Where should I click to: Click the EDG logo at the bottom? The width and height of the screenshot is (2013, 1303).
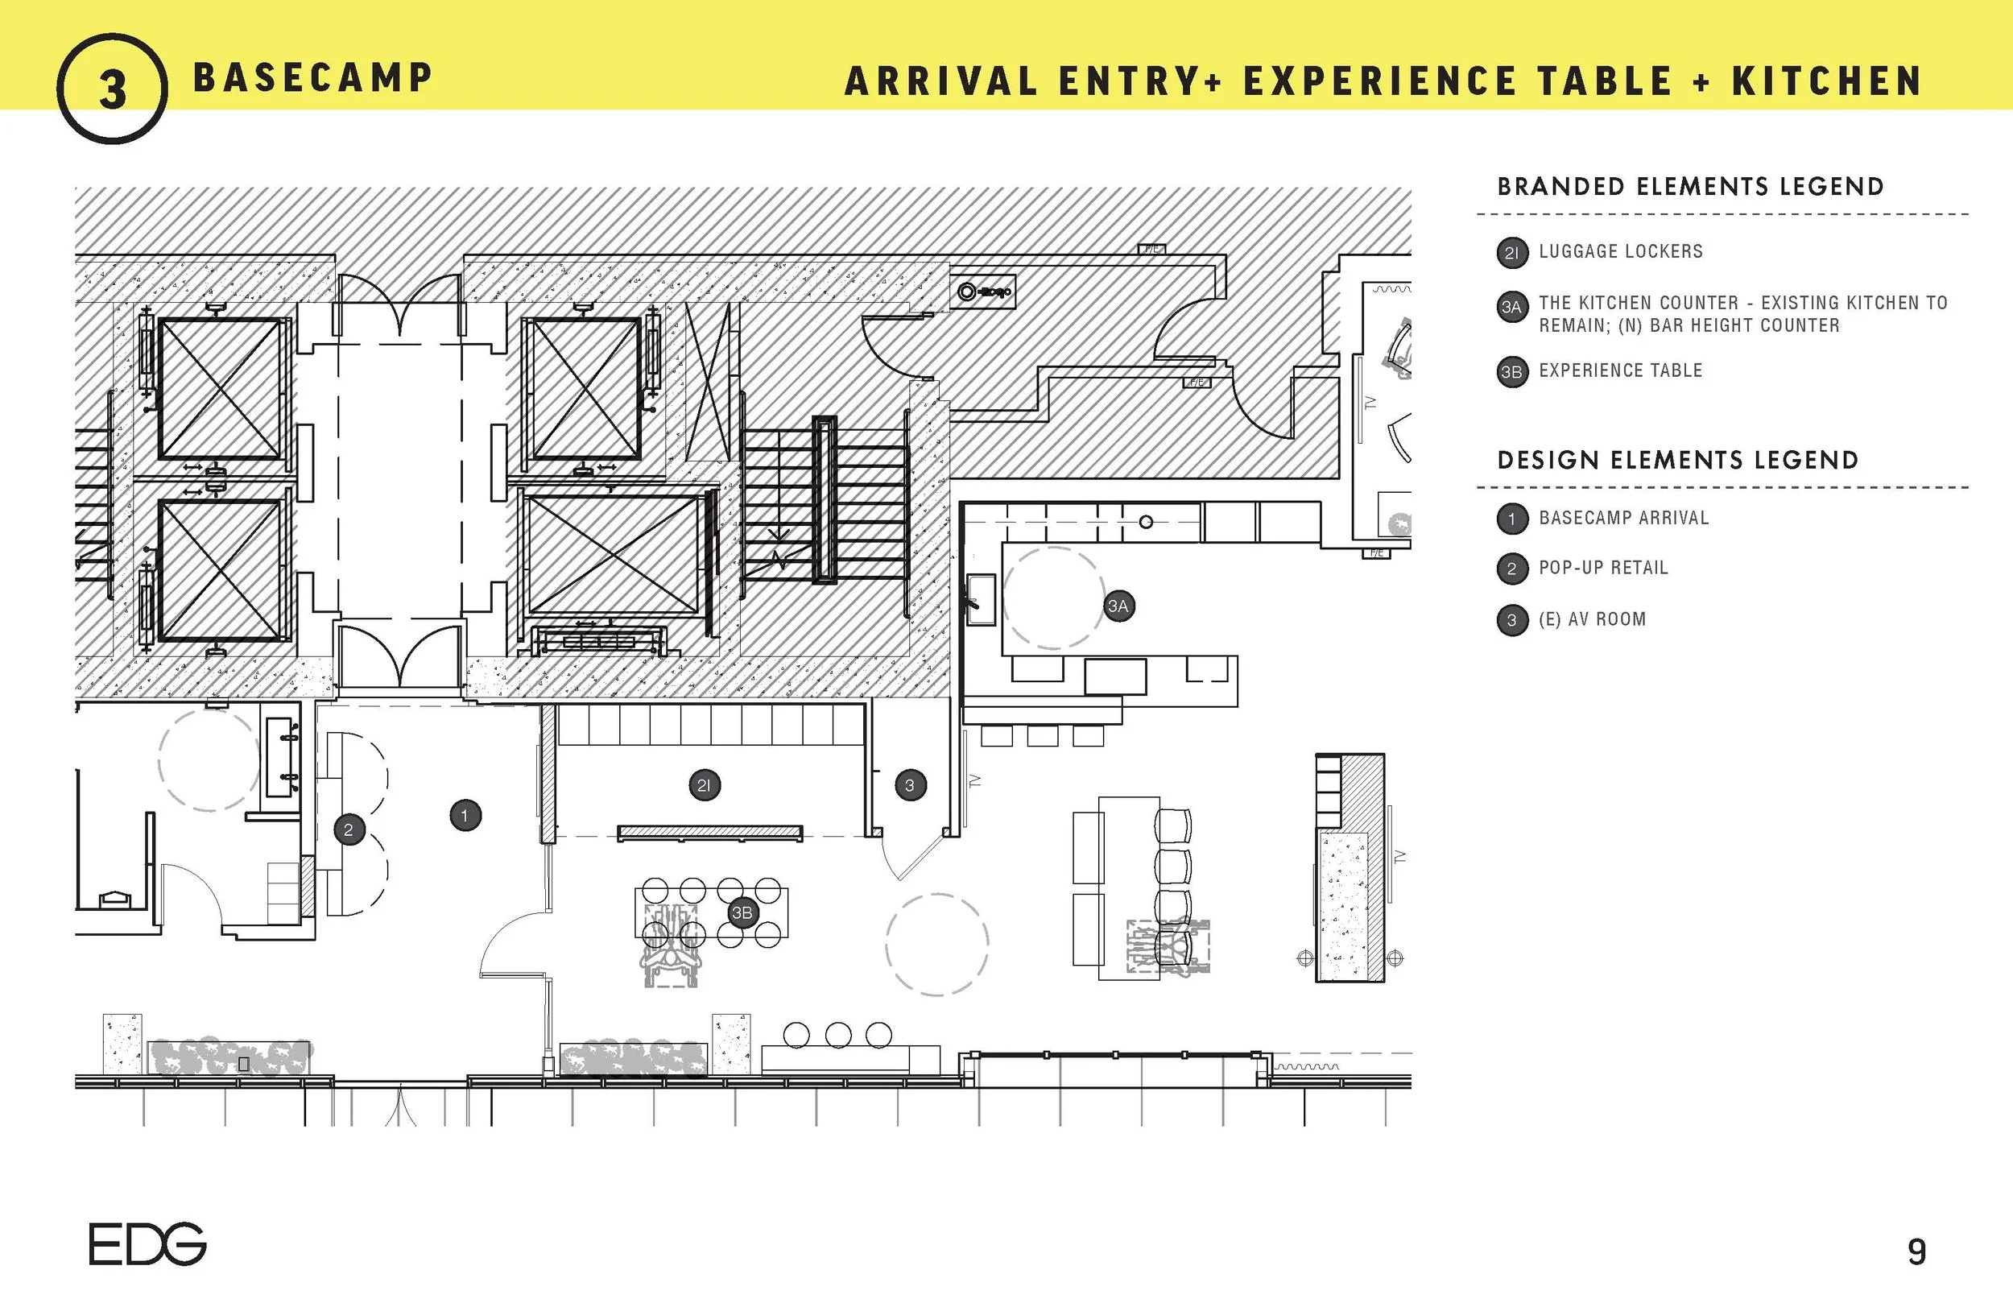pos(147,1243)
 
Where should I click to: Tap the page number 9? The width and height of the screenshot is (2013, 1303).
pos(1916,1251)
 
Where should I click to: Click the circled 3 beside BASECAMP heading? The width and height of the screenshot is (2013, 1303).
pos(112,88)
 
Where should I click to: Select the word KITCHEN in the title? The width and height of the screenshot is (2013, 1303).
pos(1826,81)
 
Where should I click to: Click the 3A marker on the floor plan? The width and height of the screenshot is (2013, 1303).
pos(1118,606)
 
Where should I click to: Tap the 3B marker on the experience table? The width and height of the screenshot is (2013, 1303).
pos(742,912)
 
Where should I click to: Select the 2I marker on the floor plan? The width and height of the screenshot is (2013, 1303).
pos(704,785)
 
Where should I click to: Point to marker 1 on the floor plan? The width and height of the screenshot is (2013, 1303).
pos(465,815)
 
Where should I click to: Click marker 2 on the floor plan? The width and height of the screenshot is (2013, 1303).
pos(349,830)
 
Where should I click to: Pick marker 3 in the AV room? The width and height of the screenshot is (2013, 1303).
pos(909,785)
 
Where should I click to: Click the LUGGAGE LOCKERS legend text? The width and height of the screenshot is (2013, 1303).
pos(1620,251)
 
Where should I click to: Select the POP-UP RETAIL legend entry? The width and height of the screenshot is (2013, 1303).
pos(1603,568)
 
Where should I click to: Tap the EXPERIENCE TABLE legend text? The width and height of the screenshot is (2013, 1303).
pos(1620,370)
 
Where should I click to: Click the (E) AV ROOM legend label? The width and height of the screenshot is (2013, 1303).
pos(1592,619)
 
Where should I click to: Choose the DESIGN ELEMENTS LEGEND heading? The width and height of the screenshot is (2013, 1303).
pos(1677,461)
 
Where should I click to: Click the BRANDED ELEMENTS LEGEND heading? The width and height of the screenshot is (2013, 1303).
pos(1690,186)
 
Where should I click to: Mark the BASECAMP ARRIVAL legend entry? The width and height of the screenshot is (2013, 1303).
pos(1623,518)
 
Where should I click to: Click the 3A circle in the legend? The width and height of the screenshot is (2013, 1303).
pos(1511,307)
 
